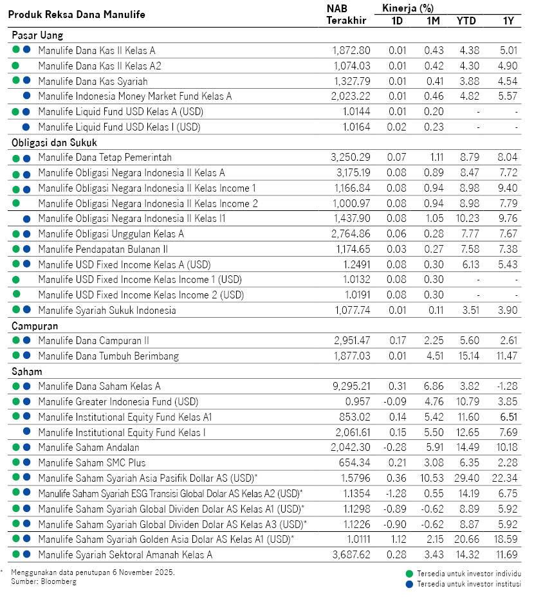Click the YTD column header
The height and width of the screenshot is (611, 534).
[x=466, y=21]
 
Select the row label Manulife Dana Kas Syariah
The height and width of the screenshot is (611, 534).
[x=93, y=81]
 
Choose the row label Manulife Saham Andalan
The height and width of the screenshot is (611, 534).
[x=88, y=448]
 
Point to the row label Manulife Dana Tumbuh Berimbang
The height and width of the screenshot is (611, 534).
[x=108, y=356]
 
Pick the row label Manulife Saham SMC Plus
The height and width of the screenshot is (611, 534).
[x=92, y=463]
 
